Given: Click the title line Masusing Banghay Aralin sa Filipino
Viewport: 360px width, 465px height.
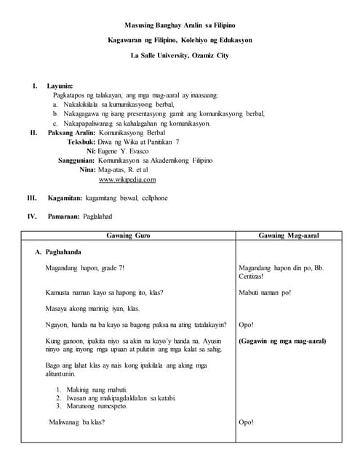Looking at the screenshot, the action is pos(180,25).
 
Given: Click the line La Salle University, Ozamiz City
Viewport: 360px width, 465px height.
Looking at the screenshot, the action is pos(180,55).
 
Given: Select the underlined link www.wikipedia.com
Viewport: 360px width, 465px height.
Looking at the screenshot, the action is pos(127,179).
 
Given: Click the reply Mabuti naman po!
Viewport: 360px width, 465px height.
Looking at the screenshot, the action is pos(265,293).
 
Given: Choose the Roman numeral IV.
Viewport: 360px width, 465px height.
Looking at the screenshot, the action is pos(32,217).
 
